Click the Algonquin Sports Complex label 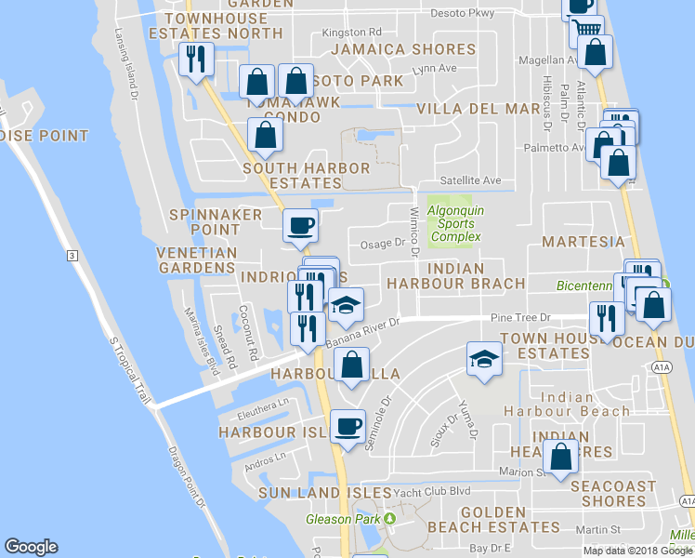(x=454, y=223)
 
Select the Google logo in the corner (x=31, y=547)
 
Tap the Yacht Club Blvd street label (x=432, y=491)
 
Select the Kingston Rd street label (x=351, y=33)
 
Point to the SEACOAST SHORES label (x=613, y=493)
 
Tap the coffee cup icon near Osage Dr (x=300, y=225)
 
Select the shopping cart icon (x=587, y=30)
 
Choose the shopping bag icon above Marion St (x=561, y=458)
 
